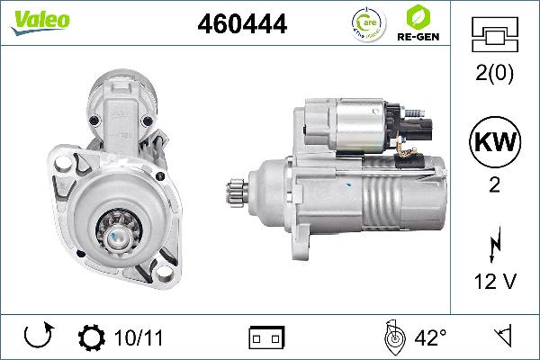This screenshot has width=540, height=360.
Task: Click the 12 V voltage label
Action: point(495,282)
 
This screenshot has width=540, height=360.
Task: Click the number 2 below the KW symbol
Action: point(495,184)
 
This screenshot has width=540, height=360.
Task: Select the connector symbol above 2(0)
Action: point(495,35)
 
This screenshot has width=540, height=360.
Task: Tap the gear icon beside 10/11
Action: point(91,338)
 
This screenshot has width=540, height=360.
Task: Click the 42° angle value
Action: point(430,338)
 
